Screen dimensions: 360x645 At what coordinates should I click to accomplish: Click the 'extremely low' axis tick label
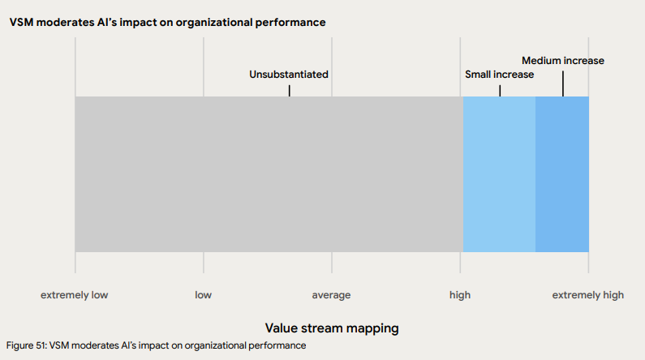tap(75, 295)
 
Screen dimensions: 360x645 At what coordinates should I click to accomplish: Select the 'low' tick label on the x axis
tap(203, 295)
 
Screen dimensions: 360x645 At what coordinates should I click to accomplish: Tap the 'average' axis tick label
tap(331, 295)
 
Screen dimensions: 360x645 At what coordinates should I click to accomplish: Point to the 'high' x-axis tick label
tap(459, 295)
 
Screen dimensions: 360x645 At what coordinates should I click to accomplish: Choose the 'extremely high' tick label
tap(588, 295)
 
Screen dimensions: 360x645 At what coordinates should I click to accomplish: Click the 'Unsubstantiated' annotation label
tap(289, 75)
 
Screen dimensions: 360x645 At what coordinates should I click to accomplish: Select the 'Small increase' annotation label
tap(499, 75)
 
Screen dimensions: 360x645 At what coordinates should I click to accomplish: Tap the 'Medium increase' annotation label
tap(563, 61)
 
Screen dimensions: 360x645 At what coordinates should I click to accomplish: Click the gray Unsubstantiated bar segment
tap(268, 174)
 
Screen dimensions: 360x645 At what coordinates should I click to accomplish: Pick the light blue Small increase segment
tap(499, 174)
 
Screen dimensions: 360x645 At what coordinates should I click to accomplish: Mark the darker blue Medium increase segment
tap(562, 174)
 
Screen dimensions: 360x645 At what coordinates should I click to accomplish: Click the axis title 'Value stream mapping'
tap(332, 328)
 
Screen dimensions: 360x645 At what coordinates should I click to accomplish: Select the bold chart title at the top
tap(167, 23)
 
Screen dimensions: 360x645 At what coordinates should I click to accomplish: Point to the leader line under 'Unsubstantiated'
tap(289, 89)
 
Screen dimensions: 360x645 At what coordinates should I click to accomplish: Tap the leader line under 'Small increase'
tap(500, 89)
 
